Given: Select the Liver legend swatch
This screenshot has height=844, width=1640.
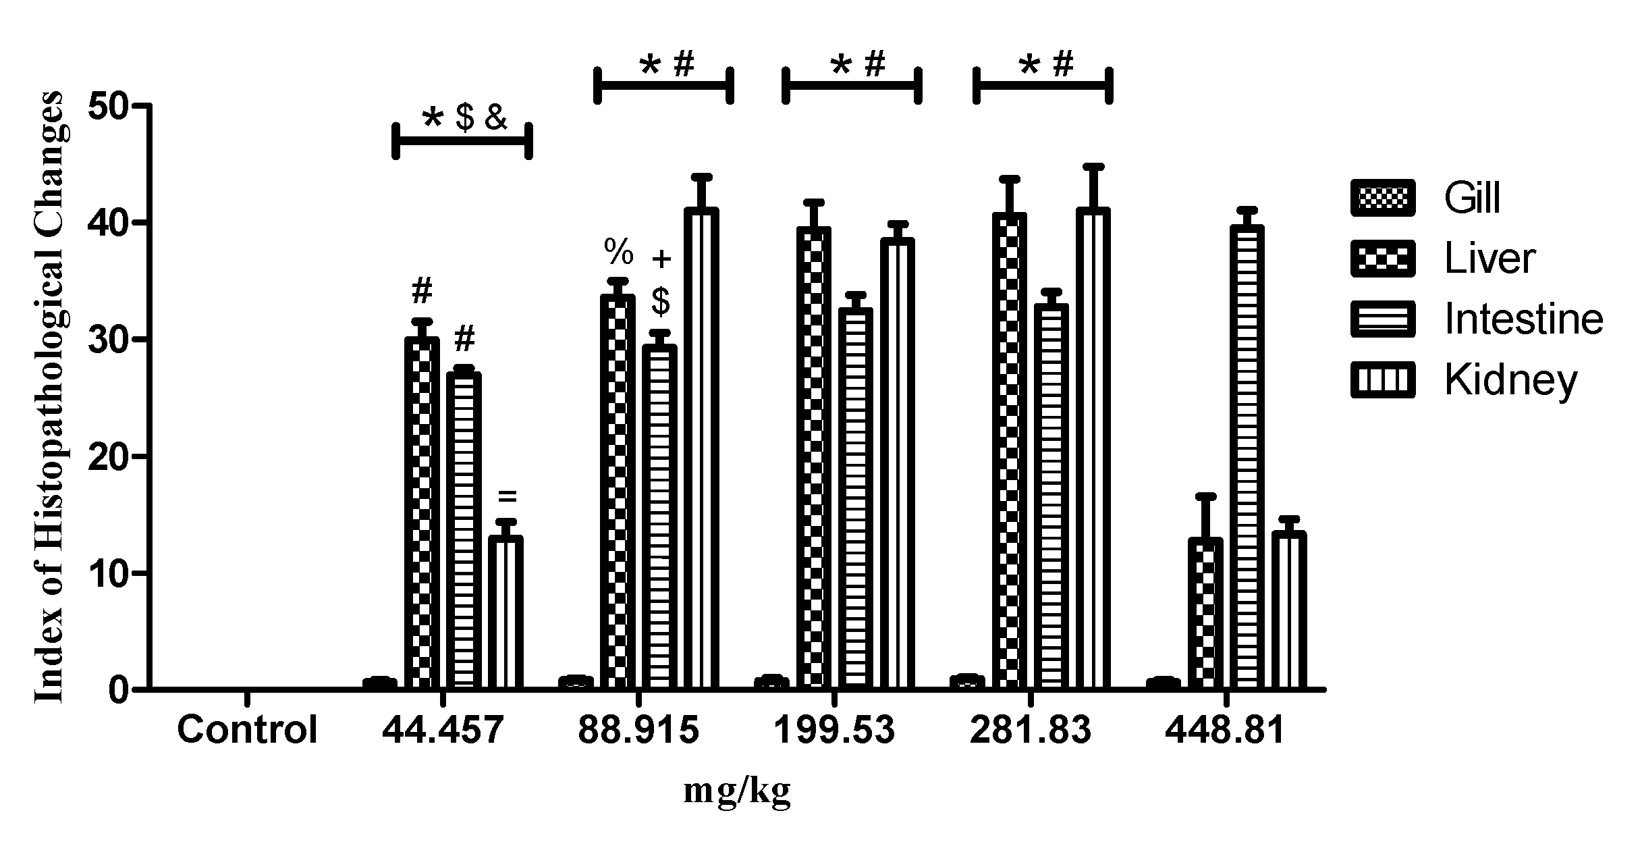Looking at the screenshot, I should point(1383,258).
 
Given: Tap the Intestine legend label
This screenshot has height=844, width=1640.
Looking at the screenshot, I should point(1523,319).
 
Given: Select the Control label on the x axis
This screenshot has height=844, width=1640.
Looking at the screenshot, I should point(247,730).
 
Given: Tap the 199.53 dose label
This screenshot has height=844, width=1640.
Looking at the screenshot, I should point(833,730).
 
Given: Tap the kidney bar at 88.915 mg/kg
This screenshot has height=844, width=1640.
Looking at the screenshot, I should point(701,449).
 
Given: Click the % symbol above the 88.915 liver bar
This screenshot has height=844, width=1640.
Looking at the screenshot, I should point(618,252).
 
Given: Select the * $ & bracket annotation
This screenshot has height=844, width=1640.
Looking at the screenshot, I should point(463,120).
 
